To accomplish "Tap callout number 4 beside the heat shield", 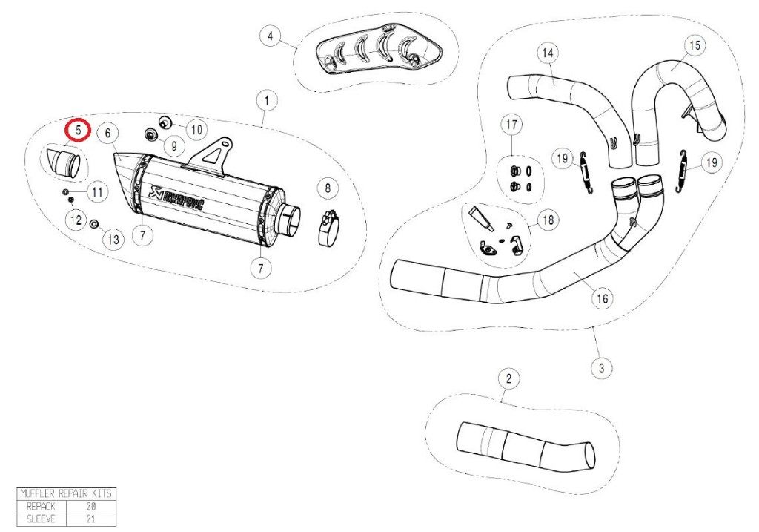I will (x=271, y=36).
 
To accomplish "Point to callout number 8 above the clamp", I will (x=328, y=189).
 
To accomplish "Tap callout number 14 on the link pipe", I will (x=547, y=53).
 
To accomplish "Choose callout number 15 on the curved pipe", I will (x=694, y=46).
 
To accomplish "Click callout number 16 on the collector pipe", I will (x=602, y=298).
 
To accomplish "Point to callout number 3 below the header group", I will (x=600, y=367).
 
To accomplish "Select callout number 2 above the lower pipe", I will (x=508, y=380).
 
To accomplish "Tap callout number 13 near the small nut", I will (x=112, y=240).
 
